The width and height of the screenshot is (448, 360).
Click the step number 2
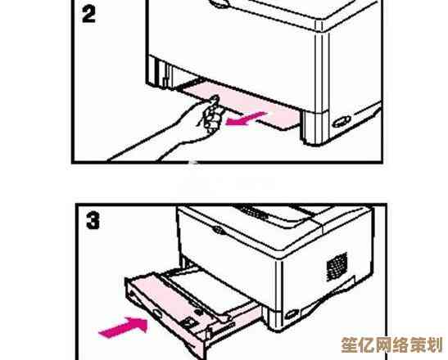[x=88, y=15]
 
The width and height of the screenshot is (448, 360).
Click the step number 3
[x=93, y=221]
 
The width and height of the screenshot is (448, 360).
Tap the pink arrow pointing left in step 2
[x=246, y=118]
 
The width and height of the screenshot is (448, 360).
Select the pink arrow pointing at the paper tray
[x=124, y=327]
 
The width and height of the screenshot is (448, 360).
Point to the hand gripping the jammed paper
[x=210, y=115]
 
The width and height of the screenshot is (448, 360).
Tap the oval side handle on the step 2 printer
[x=342, y=122]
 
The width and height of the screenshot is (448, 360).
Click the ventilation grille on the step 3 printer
[x=337, y=266]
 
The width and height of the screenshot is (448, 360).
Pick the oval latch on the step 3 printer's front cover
[x=219, y=229]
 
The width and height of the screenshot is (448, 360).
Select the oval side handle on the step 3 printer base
[x=292, y=314]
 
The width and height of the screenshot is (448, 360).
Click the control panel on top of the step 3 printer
[x=253, y=212]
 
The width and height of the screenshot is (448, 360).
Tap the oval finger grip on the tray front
[x=157, y=313]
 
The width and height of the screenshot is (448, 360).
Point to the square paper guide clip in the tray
[x=189, y=323]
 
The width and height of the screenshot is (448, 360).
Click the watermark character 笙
[x=350, y=345]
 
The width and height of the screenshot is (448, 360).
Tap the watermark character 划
[x=434, y=345]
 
